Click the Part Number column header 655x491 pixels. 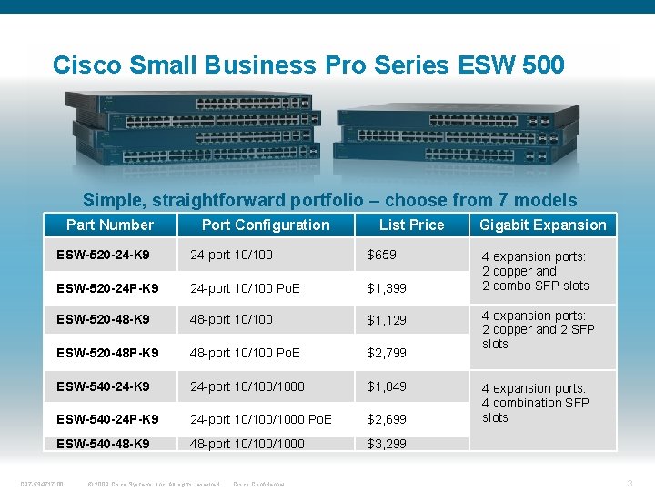[x=110, y=225]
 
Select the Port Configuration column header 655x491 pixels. [x=266, y=225]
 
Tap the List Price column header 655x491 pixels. [x=411, y=225]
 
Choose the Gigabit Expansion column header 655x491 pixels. [x=542, y=225]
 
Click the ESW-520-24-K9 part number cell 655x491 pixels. [x=103, y=255]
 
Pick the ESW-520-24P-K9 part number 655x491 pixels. [x=106, y=288]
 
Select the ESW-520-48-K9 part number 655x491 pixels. [x=103, y=320]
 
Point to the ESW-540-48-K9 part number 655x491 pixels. [x=103, y=444]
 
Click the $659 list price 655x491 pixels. [x=381, y=255]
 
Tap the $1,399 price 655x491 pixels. [x=387, y=288]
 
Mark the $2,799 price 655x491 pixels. [x=387, y=353]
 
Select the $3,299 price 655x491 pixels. [x=387, y=444]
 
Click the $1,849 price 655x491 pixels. [x=387, y=386]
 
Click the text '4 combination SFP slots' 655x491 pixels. [x=535, y=410]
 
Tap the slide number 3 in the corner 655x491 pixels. [x=630, y=484]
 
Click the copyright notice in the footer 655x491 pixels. [x=155, y=484]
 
